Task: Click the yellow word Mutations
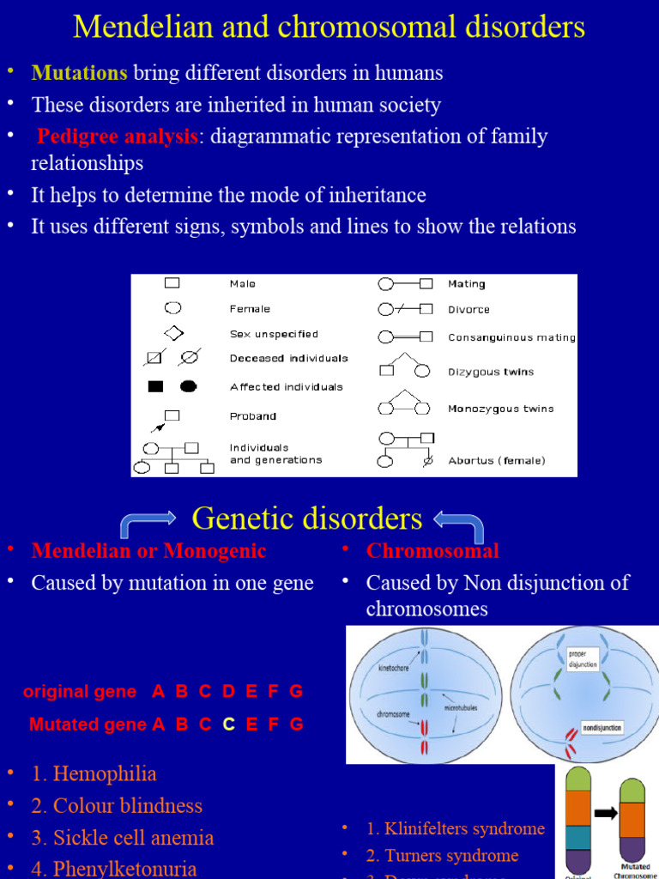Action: tap(79, 73)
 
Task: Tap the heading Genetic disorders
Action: tap(306, 518)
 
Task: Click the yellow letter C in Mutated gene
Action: tap(228, 724)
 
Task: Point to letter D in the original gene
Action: tap(228, 692)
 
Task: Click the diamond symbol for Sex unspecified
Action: tap(173, 333)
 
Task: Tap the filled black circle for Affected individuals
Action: tap(188, 386)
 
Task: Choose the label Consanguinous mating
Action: tap(511, 337)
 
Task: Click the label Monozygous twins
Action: tap(500, 409)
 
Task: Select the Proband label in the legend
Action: tap(252, 416)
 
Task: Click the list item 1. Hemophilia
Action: tap(94, 774)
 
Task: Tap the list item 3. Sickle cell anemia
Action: tap(122, 838)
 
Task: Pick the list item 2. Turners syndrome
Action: tap(442, 856)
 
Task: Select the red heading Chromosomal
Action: tap(432, 551)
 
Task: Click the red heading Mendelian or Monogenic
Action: tap(148, 551)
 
